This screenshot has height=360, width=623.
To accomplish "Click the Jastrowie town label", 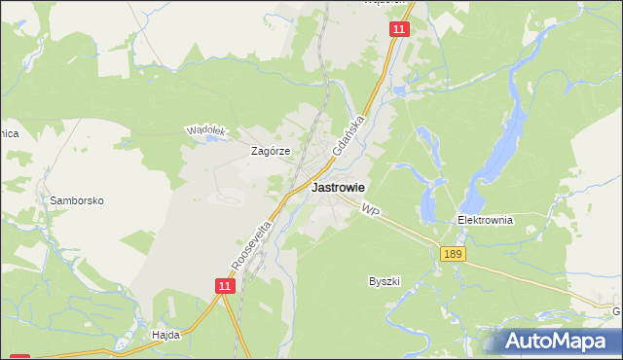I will (338, 188).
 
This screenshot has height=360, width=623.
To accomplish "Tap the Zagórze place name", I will (272, 151).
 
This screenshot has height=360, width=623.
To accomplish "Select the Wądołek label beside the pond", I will (206, 130).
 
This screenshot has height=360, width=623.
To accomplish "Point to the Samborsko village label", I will (77, 200).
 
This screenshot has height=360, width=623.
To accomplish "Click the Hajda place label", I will (166, 334).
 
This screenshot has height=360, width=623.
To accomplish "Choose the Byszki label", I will (385, 281).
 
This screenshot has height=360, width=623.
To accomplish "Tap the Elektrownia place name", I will (485, 220).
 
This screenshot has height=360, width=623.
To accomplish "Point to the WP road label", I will (368, 209).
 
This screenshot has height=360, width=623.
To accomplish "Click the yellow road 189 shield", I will (452, 254).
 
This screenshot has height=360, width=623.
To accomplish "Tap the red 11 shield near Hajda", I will (225, 285).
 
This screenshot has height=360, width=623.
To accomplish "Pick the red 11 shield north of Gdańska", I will (399, 30).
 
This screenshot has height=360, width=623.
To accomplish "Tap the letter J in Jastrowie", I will (314, 188).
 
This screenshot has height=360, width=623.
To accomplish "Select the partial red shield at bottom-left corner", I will (19, 356).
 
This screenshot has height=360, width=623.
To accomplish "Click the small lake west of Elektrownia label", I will (427, 202).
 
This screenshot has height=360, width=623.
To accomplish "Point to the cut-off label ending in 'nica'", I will (9, 133).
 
